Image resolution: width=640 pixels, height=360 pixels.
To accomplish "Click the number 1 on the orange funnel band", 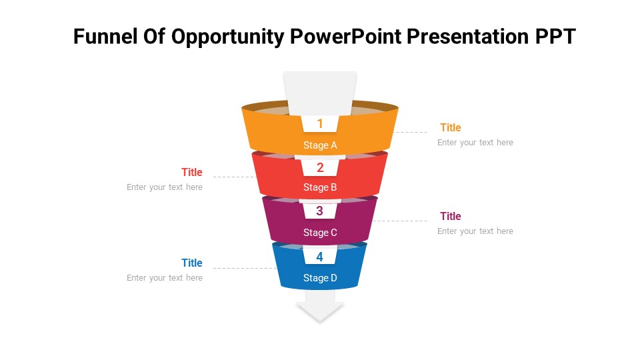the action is (320, 123).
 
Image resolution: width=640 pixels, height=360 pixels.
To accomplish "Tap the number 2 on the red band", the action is (320, 167).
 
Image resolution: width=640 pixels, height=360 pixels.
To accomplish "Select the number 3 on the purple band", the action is (319, 211).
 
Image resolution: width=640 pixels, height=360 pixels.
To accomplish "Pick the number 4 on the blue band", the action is (319, 257).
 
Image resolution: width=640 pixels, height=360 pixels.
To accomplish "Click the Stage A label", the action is (320, 145).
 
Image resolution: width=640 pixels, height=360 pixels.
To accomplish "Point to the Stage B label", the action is (320, 187).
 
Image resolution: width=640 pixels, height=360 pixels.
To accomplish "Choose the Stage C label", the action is (320, 233).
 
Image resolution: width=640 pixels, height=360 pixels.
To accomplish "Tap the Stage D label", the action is (320, 278).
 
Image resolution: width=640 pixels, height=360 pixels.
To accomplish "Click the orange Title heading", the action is (451, 128).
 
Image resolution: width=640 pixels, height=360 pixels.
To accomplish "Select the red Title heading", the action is (192, 172).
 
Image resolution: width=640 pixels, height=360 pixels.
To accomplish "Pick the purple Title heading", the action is (451, 216).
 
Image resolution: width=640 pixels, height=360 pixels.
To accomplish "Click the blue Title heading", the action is (192, 263).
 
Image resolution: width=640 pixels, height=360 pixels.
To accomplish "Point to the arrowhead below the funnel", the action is (319, 311).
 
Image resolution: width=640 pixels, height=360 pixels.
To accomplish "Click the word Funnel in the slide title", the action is (105, 36).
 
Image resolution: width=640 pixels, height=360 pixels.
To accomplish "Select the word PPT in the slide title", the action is (555, 36).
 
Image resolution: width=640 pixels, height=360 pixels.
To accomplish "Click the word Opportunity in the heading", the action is (227, 37).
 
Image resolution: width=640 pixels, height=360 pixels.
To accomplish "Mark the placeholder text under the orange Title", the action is (475, 143).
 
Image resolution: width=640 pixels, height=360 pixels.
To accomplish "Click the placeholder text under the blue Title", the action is (165, 277).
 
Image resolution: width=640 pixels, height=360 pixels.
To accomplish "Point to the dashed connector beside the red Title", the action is (235, 177).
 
